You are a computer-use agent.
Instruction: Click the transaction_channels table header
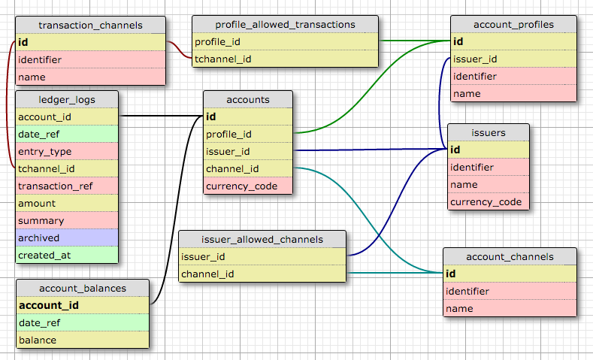click(x=89, y=25)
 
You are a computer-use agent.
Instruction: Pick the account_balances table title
click(x=83, y=288)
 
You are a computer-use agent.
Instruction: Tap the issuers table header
click(x=488, y=133)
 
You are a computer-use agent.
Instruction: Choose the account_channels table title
click(x=510, y=256)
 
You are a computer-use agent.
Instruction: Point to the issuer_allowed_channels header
click(x=262, y=239)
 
